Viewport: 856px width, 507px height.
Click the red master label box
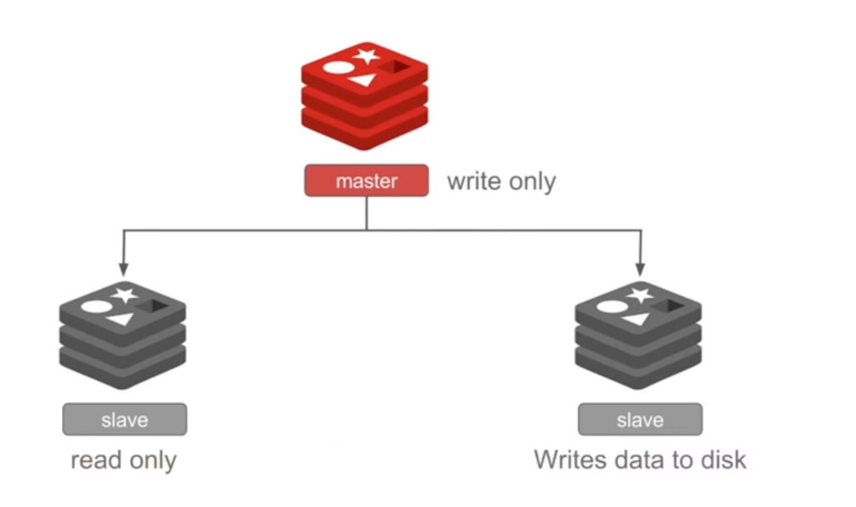pos(367,181)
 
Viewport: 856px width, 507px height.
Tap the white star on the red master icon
pos(367,56)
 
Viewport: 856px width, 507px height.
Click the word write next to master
pos(473,181)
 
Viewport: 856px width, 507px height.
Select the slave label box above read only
pos(124,419)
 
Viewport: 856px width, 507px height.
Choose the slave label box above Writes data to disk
pos(640,419)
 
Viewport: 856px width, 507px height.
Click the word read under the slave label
pos(94,460)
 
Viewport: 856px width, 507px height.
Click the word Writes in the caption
pos(568,459)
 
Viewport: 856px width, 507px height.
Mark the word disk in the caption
pos(722,459)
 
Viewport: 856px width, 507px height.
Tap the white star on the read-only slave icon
pos(124,295)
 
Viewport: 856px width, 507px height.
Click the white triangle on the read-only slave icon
pos(122,319)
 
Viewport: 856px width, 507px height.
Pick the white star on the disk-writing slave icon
pos(640,295)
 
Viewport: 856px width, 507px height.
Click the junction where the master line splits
pos(367,230)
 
